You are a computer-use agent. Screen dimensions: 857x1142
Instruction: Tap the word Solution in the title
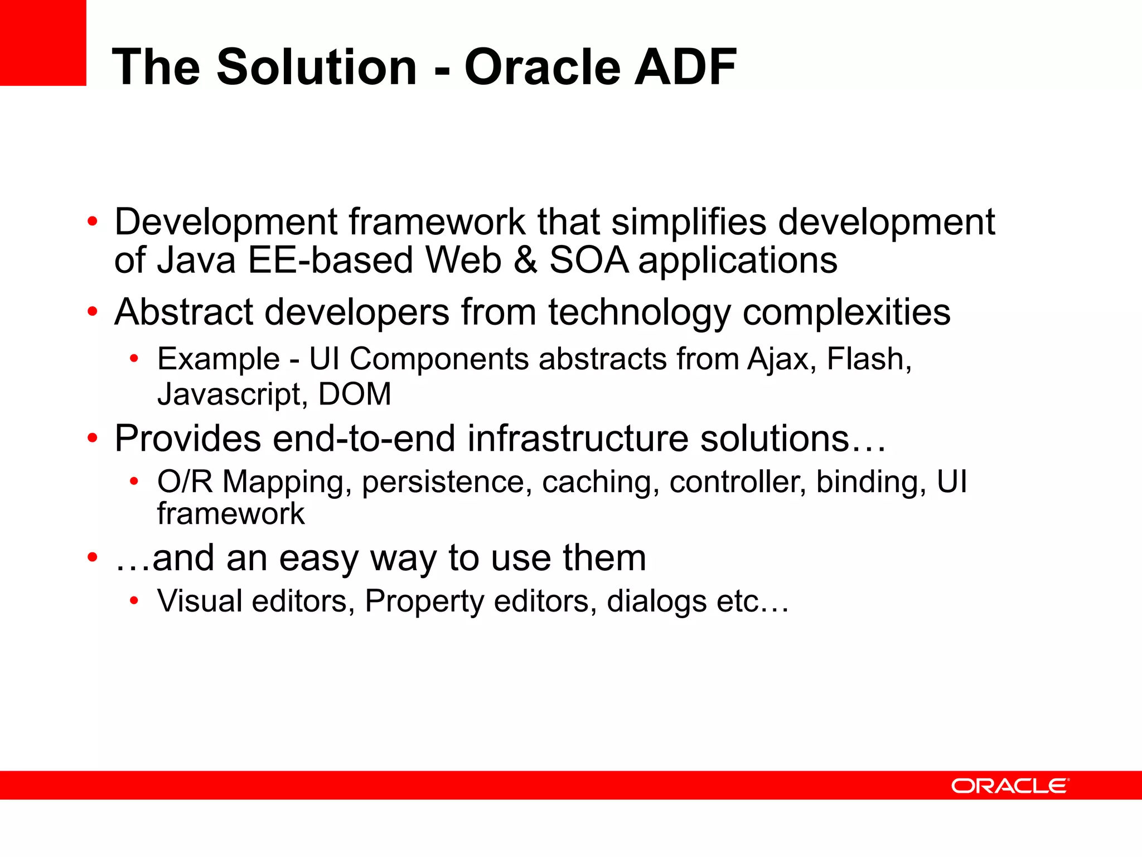click(x=316, y=67)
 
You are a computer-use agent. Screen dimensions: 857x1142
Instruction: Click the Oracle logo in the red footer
click(x=1010, y=786)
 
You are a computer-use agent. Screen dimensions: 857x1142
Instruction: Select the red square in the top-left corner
click(x=43, y=42)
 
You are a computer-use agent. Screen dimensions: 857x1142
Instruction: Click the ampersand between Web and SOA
click(x=525, y=261)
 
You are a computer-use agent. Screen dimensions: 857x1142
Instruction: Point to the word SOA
click(x=589, y=261)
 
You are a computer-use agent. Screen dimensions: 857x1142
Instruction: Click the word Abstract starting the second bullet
click(x=183, y=312)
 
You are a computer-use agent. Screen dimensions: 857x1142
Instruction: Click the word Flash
click(x=868, y=359)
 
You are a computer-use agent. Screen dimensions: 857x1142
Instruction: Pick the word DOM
click(x=355, y=394)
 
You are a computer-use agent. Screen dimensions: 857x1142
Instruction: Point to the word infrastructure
click(x=578, y=439)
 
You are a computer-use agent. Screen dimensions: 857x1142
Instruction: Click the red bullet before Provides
click(x=93, y=439)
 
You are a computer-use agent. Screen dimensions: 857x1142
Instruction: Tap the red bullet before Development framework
click(x=93, y=222)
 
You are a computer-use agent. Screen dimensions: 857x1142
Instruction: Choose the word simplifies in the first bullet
click(x=689, y=222)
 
